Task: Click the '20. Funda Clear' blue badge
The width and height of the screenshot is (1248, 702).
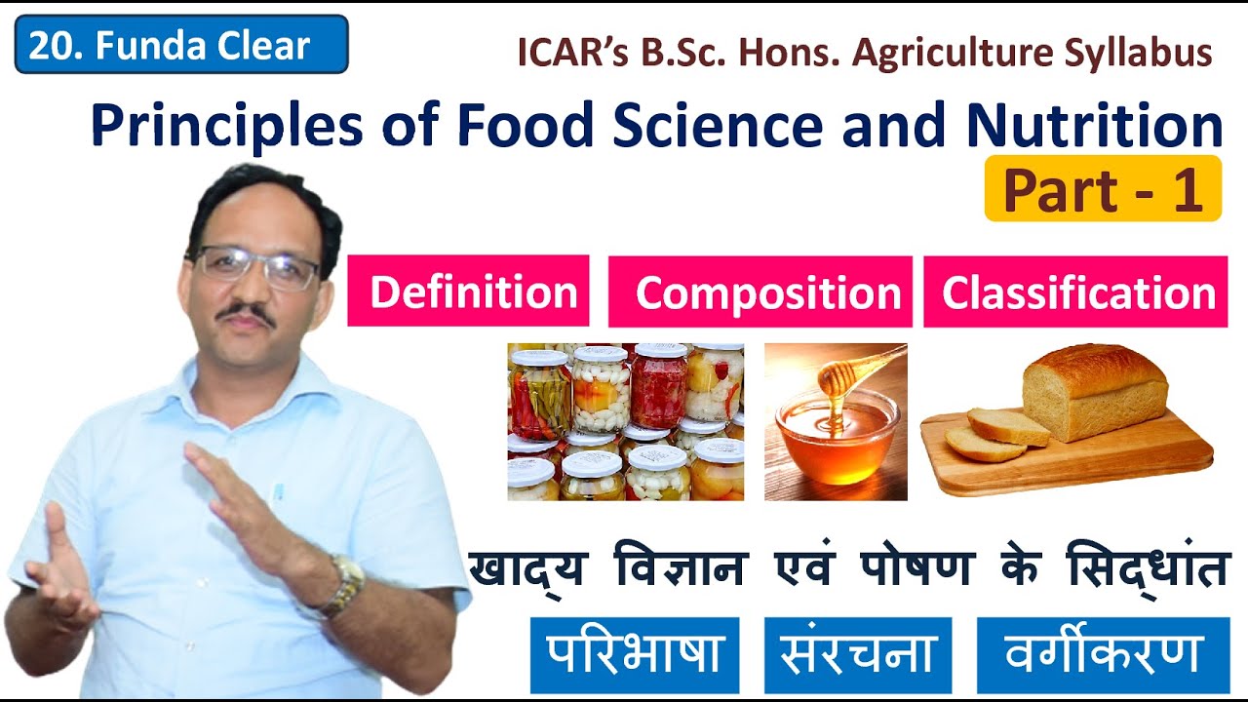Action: pos(181,45)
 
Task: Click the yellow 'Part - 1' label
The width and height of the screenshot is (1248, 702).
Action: pos(1103,189)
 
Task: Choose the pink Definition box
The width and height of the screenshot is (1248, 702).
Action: pos(469,292)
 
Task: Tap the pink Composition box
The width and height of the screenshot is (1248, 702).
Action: pos(760,292)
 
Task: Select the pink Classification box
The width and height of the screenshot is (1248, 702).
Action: pos(1076,292)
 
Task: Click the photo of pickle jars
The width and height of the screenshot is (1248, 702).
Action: pos(625,421)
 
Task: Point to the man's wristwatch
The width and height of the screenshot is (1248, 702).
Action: pos(346,584)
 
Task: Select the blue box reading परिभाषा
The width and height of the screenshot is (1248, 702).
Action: pos(635,654)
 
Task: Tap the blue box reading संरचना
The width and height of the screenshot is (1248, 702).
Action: pos(858,654)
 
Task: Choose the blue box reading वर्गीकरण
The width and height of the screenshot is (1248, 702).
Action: pos(1103,654)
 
